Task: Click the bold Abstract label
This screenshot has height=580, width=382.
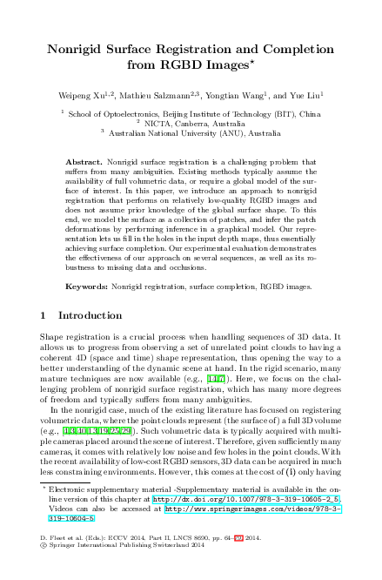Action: (x=85, y=162)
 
